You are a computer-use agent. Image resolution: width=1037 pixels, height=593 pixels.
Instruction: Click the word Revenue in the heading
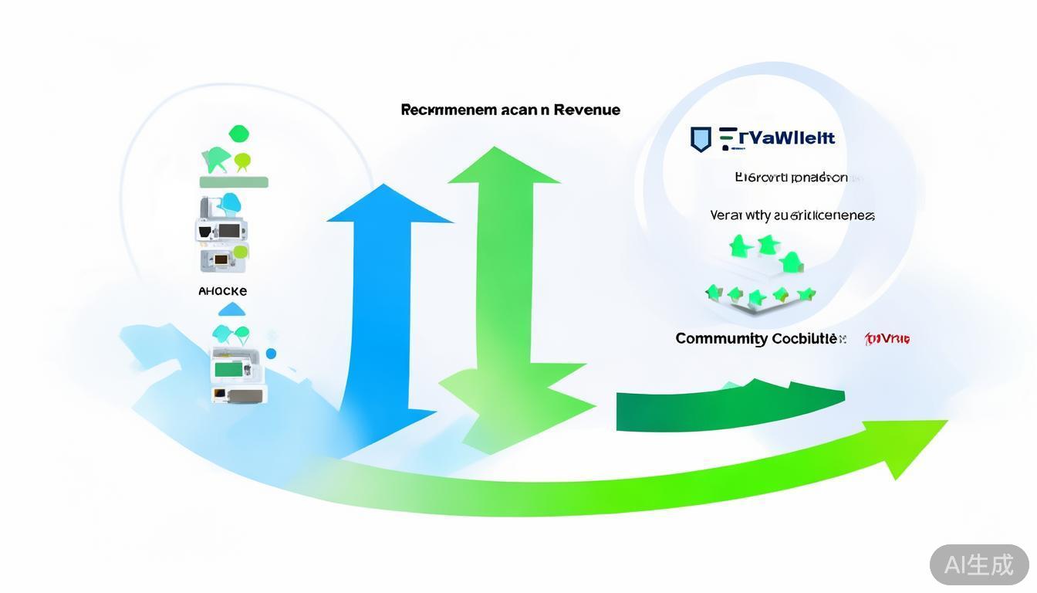point(587,110)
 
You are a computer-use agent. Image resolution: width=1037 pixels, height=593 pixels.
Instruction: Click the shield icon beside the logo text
point(700,139)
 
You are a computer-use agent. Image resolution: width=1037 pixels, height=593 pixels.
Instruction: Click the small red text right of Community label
point(887,338)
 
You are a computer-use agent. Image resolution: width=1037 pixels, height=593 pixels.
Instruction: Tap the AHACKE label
point(222,291)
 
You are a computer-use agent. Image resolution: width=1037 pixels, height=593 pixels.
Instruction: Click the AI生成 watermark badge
point(978,564)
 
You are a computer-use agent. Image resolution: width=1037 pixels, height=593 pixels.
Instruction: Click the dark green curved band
point(725,406)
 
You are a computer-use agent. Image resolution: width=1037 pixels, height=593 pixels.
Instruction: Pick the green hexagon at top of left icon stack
point(239,134)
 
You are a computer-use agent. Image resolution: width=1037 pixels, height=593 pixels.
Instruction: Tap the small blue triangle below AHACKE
point(231,310)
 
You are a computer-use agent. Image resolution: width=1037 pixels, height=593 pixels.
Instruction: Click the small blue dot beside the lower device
point(271,354)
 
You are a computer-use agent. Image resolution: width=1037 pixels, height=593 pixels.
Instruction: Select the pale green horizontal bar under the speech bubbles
point(234,182)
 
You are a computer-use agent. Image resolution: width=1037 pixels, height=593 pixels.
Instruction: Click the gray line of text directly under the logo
point(791,178)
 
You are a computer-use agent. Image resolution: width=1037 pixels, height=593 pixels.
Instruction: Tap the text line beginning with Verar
point(792,215)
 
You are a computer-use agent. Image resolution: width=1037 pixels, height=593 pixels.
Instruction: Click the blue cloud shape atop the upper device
point(230,203)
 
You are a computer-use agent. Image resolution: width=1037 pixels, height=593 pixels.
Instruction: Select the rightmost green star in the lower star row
point(806,294)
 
